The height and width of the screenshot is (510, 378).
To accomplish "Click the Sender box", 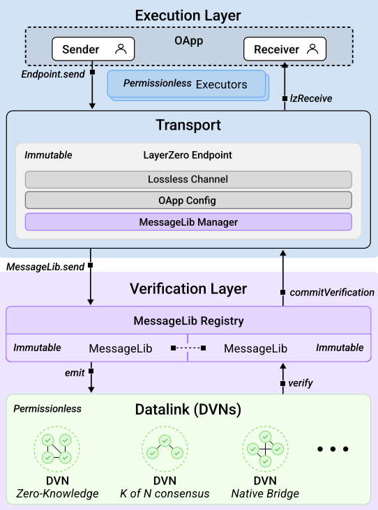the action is pos(93,49).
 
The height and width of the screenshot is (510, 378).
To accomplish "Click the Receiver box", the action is pos(285,49).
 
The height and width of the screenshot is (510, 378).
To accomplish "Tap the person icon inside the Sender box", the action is pos(121,49).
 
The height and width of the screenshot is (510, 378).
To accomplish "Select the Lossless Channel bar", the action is pos(188,180).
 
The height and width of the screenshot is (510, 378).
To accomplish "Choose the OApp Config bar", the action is pos(188,201).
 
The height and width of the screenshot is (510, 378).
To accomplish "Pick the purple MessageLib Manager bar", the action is pos(188,222).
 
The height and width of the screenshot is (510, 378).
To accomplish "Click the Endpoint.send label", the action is pos(53,75).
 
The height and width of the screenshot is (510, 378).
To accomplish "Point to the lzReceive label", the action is pos(311,98).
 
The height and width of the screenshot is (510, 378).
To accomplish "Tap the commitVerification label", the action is pos(332,293).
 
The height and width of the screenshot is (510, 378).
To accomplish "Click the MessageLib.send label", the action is pos(45,267).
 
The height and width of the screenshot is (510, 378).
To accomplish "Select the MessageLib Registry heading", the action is pos(188,321).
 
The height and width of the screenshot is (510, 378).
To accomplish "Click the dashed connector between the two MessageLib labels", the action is pos(188,348).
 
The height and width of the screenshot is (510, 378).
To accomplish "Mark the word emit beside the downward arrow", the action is pos(75,373).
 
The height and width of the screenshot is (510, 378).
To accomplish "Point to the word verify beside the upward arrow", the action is pos(300,383).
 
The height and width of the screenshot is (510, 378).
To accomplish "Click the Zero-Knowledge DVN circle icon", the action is pos(56,449).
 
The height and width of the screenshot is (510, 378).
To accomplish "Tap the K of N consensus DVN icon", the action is pos(165,449).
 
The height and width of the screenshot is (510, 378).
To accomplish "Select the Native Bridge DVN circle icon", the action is pos(265,449).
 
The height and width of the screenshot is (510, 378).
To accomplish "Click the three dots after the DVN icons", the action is pos(333,449).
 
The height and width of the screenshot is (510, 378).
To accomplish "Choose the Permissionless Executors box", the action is pos(188,85).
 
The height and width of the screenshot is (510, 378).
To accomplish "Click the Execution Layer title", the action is pos(188,15).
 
